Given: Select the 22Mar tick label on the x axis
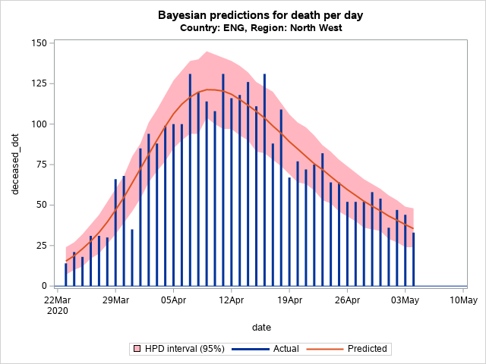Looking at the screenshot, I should coord(57,300).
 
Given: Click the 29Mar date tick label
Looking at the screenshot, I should coord(115,300).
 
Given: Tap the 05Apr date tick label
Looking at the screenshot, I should coord(173,300).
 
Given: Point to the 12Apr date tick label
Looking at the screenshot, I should coord(231,300).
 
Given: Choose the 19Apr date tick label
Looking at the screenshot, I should coord(289,300).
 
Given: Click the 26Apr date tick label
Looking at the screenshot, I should coord(347,300).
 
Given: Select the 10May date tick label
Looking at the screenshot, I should coord(462,300).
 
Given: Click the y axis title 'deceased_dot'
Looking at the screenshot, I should coord(16,164).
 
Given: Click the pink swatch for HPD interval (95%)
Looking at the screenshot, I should coord(137,349).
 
